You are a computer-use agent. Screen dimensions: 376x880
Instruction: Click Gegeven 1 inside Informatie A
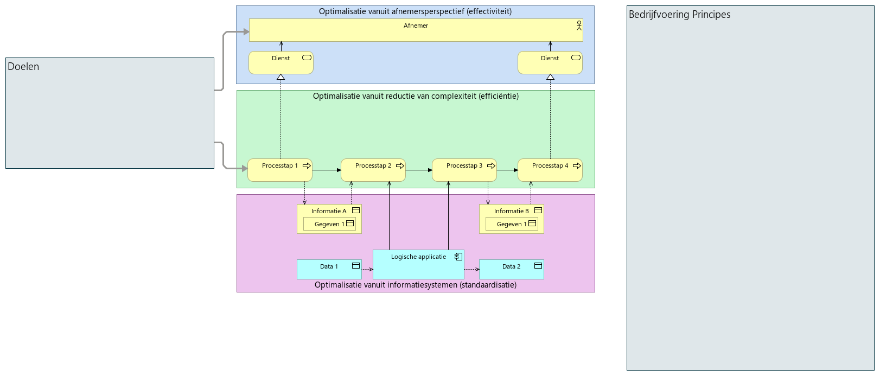point(329,224)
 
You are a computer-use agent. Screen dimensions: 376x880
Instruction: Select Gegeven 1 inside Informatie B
point(512,224)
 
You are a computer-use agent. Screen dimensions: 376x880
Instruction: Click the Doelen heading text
point(23,67)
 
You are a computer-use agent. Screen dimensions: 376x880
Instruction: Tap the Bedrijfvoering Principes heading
point(679,15)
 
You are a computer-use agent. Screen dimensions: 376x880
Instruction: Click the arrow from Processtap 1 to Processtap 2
point(327,170)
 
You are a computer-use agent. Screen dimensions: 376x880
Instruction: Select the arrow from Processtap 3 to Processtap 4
point(507,170)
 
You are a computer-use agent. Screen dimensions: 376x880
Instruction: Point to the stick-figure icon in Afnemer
point(579,26)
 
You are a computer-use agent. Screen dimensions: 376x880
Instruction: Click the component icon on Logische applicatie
point(458,257)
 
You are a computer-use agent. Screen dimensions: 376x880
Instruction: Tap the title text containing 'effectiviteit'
point(415,11)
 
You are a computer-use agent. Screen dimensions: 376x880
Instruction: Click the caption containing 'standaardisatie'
point(415,285)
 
